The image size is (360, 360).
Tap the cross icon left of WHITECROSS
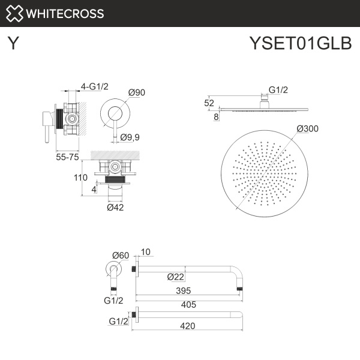[x=14, y=13]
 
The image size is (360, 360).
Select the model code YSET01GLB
[x=301, y=44]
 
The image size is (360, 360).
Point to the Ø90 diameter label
[x=137, y=92]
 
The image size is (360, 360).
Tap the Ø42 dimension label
[x=115, y=207]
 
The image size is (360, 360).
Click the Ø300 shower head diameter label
[x=307, y=128]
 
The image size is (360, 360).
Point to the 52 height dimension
[x=209, y=103]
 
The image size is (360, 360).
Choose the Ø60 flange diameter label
[x=121, y=255]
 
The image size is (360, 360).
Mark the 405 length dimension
[x=189, y=304]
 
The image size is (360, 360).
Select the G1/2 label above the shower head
[x=278, y=90]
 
